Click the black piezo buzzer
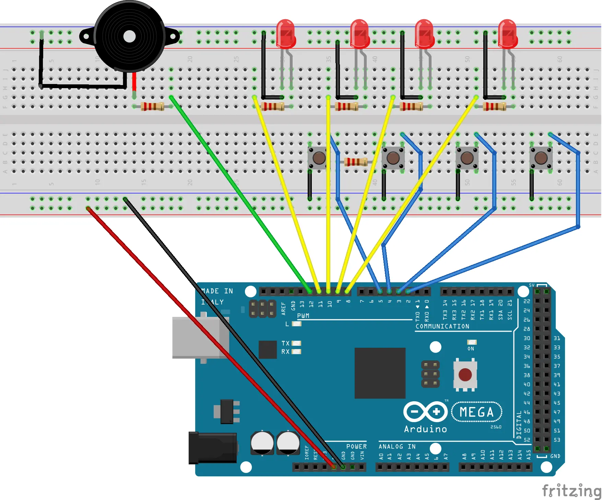pyautogui.click(x=129, y=36)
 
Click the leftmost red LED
pyautogui.click(x=286, y=34)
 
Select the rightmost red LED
pyautogui.click(x=508, y=34)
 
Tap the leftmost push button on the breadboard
pyautogui.click(x=319, y=158)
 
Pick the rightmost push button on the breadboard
pyautogui.click(x=541, y=158)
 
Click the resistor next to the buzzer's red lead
pyautogui.click(x=153, y=107)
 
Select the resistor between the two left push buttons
pyautogui.click(x=356, y=162)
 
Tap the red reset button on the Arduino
pyautogui.click(x=465, y=374)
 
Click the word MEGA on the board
pyautogui.click(x=477, y=412)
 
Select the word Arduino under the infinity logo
pyautogui.click(x=425, y=429)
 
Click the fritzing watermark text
pyautogui.click(x=571, y=490)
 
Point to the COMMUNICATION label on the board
pyautogui.click(x=442, y=326)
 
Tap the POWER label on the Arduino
pyautogui.click(x=356, y=447)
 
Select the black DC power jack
pyautogui.click(x=213, y=448)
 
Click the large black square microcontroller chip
pyautogui.click(x=380, y=373)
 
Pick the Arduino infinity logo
pyautogui.click(x=425, y=412)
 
